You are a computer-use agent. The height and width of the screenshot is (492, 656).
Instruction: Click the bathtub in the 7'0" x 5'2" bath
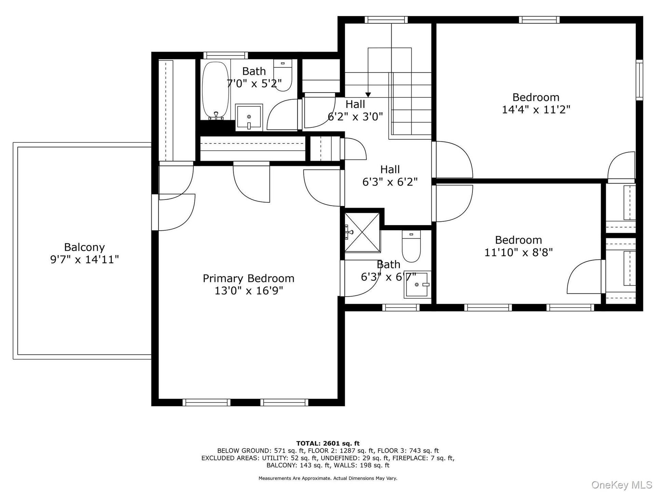[x=215, y=91]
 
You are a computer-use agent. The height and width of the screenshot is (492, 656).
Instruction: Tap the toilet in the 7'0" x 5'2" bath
[x=283, y=76]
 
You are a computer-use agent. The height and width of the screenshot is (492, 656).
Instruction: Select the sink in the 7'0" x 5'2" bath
[x=249, y=118]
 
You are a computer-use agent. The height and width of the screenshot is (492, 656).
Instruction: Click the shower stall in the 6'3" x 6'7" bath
[x=362, y=233]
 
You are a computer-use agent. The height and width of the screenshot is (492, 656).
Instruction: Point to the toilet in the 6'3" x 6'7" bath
[x=411, y=246]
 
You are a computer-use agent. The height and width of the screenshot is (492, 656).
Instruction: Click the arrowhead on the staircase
[x=368, y=95]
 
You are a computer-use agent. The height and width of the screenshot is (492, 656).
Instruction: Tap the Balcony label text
[x=84, y=247]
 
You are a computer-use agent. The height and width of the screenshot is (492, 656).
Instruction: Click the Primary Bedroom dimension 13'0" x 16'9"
[x=249, y=291]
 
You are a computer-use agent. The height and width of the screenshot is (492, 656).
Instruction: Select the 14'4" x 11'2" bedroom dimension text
[x=536, y=110]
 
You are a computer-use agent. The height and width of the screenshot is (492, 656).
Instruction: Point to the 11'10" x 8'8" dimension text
[x=519, y=252]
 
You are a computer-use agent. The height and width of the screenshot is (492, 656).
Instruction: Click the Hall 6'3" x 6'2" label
[x=390, y=176]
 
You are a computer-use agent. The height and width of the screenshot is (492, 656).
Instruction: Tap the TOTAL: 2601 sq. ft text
[x=328, y=443]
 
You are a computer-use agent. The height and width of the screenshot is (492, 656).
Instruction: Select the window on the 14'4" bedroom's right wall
[x=639, y=80]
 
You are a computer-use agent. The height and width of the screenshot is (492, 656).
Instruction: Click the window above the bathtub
[x=225, y=55]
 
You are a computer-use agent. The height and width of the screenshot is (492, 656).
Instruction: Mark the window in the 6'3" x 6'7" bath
[x=401, y=307]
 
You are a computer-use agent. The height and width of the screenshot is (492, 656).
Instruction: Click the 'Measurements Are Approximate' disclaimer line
[x=328, y=478]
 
